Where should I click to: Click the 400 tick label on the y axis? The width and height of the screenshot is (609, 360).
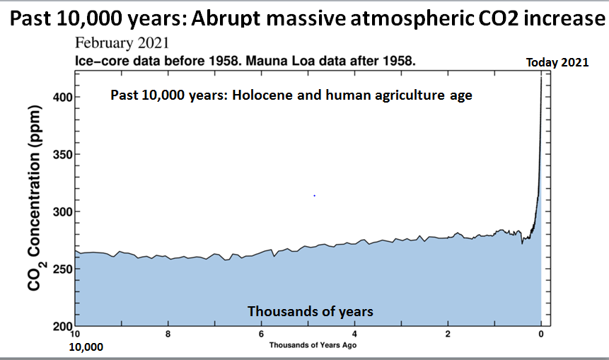tap(63, 97)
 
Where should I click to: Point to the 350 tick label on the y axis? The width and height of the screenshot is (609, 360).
tap(63, 154)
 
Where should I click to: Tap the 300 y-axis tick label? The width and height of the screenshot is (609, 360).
tap(63, 211)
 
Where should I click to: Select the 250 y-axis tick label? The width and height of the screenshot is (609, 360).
tap(63, 269)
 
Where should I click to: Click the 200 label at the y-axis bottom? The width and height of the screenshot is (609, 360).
tap(63, 326)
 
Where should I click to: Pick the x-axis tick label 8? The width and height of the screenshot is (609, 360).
tap(168, 334)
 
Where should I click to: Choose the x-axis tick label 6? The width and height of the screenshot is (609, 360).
tap(262, 334)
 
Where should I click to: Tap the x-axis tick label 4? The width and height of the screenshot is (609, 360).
tap(354, 334)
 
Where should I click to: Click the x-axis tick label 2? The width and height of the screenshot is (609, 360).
tap(448, 334)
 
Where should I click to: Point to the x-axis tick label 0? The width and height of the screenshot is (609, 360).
tap(541, 334)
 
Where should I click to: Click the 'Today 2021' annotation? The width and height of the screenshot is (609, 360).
tap(557, 62)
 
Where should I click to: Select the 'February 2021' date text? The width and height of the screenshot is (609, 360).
tap(122, 42)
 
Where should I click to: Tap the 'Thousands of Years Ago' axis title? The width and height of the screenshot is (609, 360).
tap(313, 345)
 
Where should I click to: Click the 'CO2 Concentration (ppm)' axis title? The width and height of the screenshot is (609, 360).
tap(35, 197)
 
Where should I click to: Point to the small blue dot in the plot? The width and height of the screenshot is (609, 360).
tap(314, 196)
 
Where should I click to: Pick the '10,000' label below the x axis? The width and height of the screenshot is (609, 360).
tap(86, 347)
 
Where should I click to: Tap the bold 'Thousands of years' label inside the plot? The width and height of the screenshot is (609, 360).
tap(311, 311)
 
